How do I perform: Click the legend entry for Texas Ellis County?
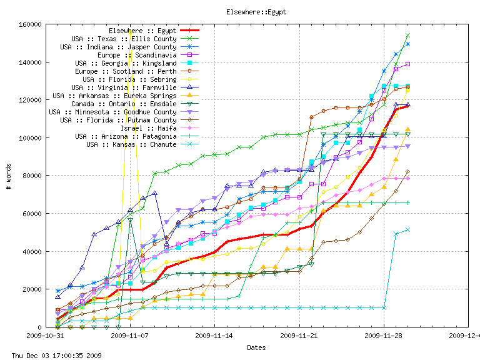point(124,39)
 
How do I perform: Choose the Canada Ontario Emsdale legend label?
point(124,104)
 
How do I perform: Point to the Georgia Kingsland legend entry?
point(126,63)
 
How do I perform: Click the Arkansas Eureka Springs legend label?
point(114,96)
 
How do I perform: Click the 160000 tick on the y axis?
point(29,24)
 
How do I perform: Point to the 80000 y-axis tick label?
point(31,176)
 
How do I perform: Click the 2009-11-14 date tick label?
point(214,335)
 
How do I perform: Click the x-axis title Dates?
point(256,347)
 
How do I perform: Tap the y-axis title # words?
point(9,176)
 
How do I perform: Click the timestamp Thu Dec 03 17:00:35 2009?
point(52,356)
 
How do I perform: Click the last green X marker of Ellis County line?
point(407,36)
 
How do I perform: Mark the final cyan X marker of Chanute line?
point(407,229)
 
